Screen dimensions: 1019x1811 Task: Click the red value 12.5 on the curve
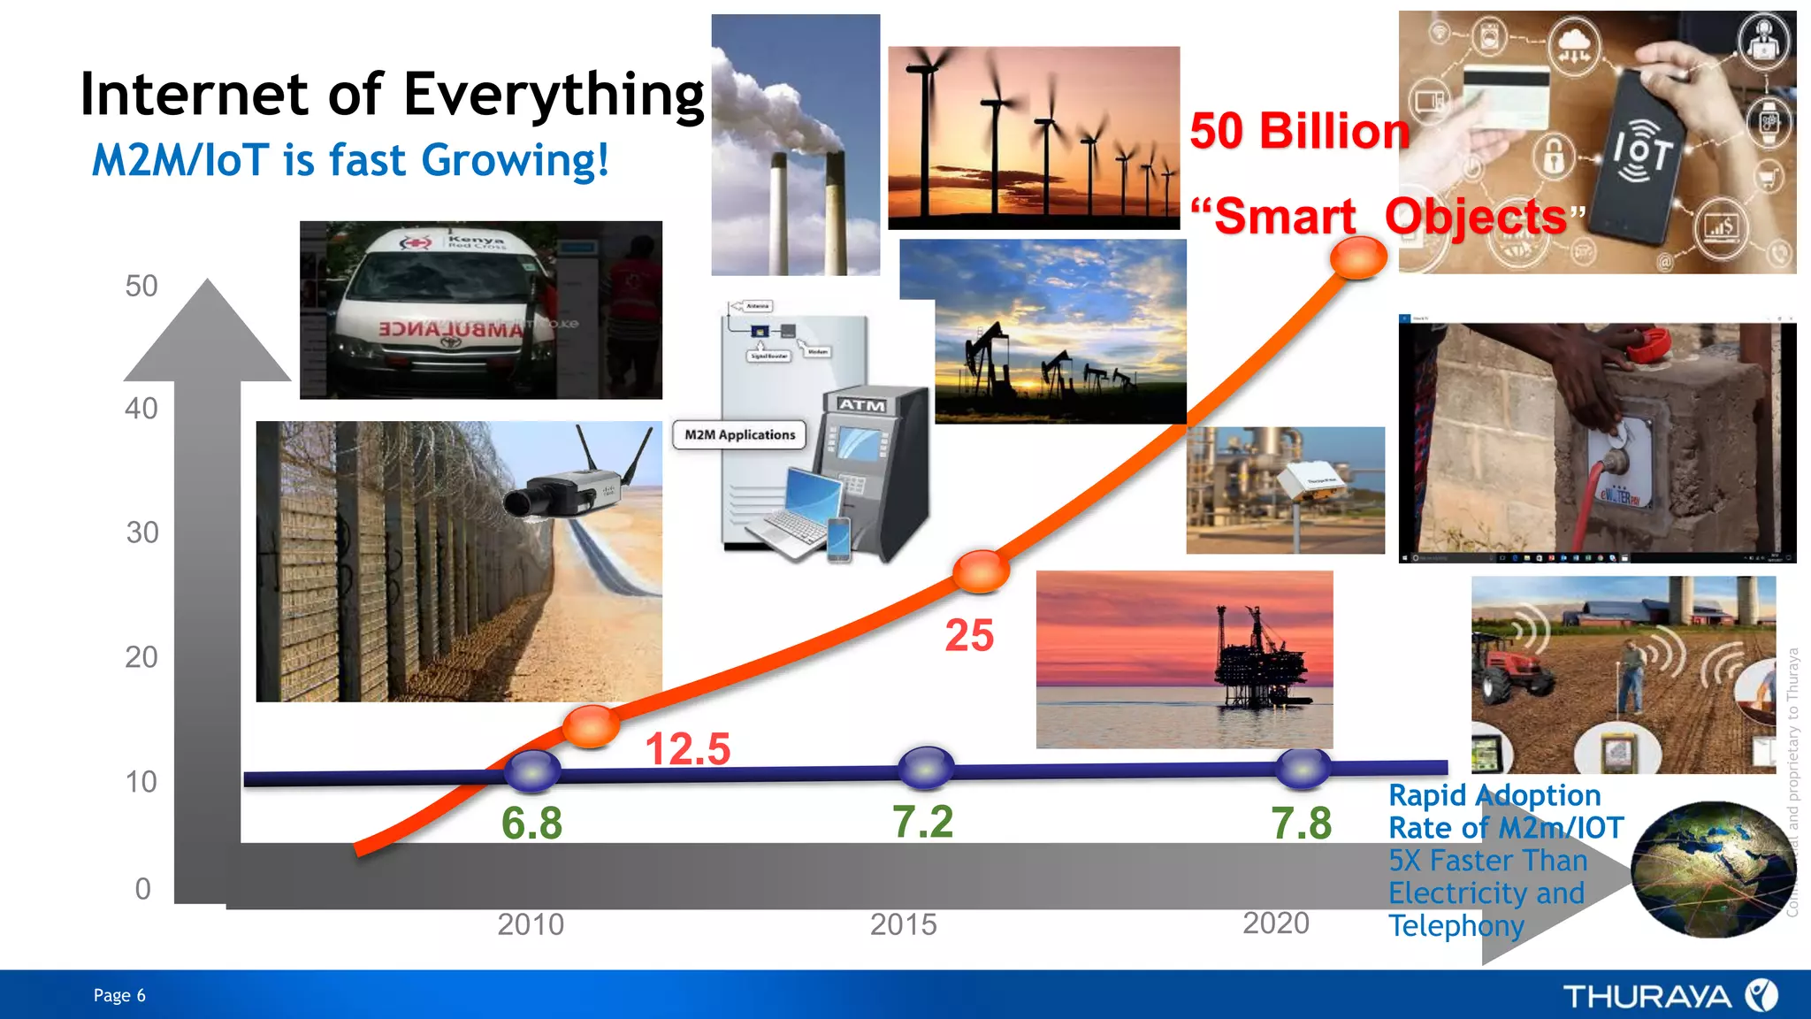[687, 749]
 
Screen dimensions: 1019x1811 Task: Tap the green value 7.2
[922, 822]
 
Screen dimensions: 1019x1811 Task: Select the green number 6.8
[531, 824]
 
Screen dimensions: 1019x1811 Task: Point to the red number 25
[969, 635]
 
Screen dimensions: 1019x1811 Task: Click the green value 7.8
[1301, 824]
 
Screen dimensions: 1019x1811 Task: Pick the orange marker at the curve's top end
[1358, 257]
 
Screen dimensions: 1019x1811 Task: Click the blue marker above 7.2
[925, 768]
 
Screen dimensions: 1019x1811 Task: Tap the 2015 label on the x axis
[902, 924]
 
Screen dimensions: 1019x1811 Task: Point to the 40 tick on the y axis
[141, 409]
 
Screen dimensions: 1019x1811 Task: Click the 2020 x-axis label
[1275, 923]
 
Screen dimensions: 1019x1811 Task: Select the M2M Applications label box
[739, 435]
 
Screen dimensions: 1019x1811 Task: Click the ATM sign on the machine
[861, 405]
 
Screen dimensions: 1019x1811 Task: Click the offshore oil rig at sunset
[1260, 659]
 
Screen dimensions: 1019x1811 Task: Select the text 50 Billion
[1298, 132]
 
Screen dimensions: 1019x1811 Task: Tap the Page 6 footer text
[119, 995]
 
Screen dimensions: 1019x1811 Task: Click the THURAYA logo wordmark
[1647, 997]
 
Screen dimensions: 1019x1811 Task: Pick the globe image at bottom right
[1711, 870]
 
